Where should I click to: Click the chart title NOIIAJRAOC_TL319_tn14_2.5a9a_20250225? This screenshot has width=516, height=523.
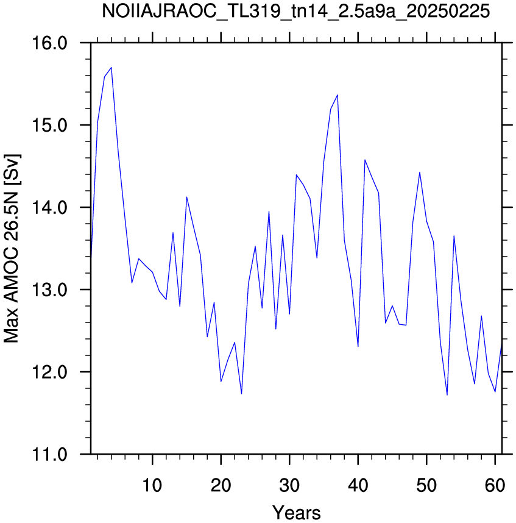[x=295, y=12]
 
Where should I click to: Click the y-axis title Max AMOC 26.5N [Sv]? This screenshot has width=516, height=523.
[x=12, y=249]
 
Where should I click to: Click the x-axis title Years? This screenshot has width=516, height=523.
[x=296, y=513]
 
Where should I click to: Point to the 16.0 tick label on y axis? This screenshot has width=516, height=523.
[x=49, y=43]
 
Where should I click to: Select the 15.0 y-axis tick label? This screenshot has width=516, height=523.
[x=49, y=125]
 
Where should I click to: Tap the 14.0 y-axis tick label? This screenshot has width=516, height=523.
[x=49, y=207]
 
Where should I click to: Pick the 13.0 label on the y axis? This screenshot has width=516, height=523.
[x=49, y=290]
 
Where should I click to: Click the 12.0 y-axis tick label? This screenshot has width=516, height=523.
[x=49, y=372]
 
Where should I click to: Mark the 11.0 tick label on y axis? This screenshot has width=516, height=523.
[x=49, y=454]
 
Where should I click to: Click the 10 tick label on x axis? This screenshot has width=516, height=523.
[x=152, y=485]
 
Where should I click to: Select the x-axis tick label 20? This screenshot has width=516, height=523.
[x=221, y=485]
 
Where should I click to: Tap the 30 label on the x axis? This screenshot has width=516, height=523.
[x=289, y=485]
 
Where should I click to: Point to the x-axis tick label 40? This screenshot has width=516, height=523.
[x=358, y=485]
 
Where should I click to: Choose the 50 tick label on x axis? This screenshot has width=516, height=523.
[x=426, y=485]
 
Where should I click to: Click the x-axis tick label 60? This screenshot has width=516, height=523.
[x=495, y=485]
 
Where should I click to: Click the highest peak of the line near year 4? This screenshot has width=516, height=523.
[x=111, y=68]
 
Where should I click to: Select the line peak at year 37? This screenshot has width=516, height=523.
[x=338, y=95]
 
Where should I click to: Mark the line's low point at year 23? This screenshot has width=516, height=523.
[x=241, y=394]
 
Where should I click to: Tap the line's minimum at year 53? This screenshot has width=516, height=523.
[x=447, y=395]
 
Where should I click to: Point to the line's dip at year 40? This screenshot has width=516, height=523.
[x=358, y=347]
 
